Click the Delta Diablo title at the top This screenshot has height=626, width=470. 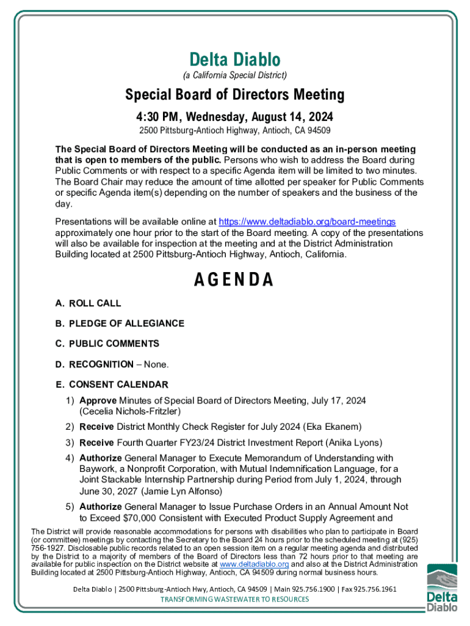(235, 60)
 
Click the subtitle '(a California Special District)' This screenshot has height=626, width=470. (235, 75)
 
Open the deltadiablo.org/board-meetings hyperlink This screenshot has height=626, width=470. (307, 221)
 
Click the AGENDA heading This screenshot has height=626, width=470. (234, 280)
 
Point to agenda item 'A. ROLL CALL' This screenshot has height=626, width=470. (88, 303)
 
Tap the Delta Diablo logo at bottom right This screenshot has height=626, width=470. (441, 587)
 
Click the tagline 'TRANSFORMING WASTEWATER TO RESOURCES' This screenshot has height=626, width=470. (235, 599)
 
